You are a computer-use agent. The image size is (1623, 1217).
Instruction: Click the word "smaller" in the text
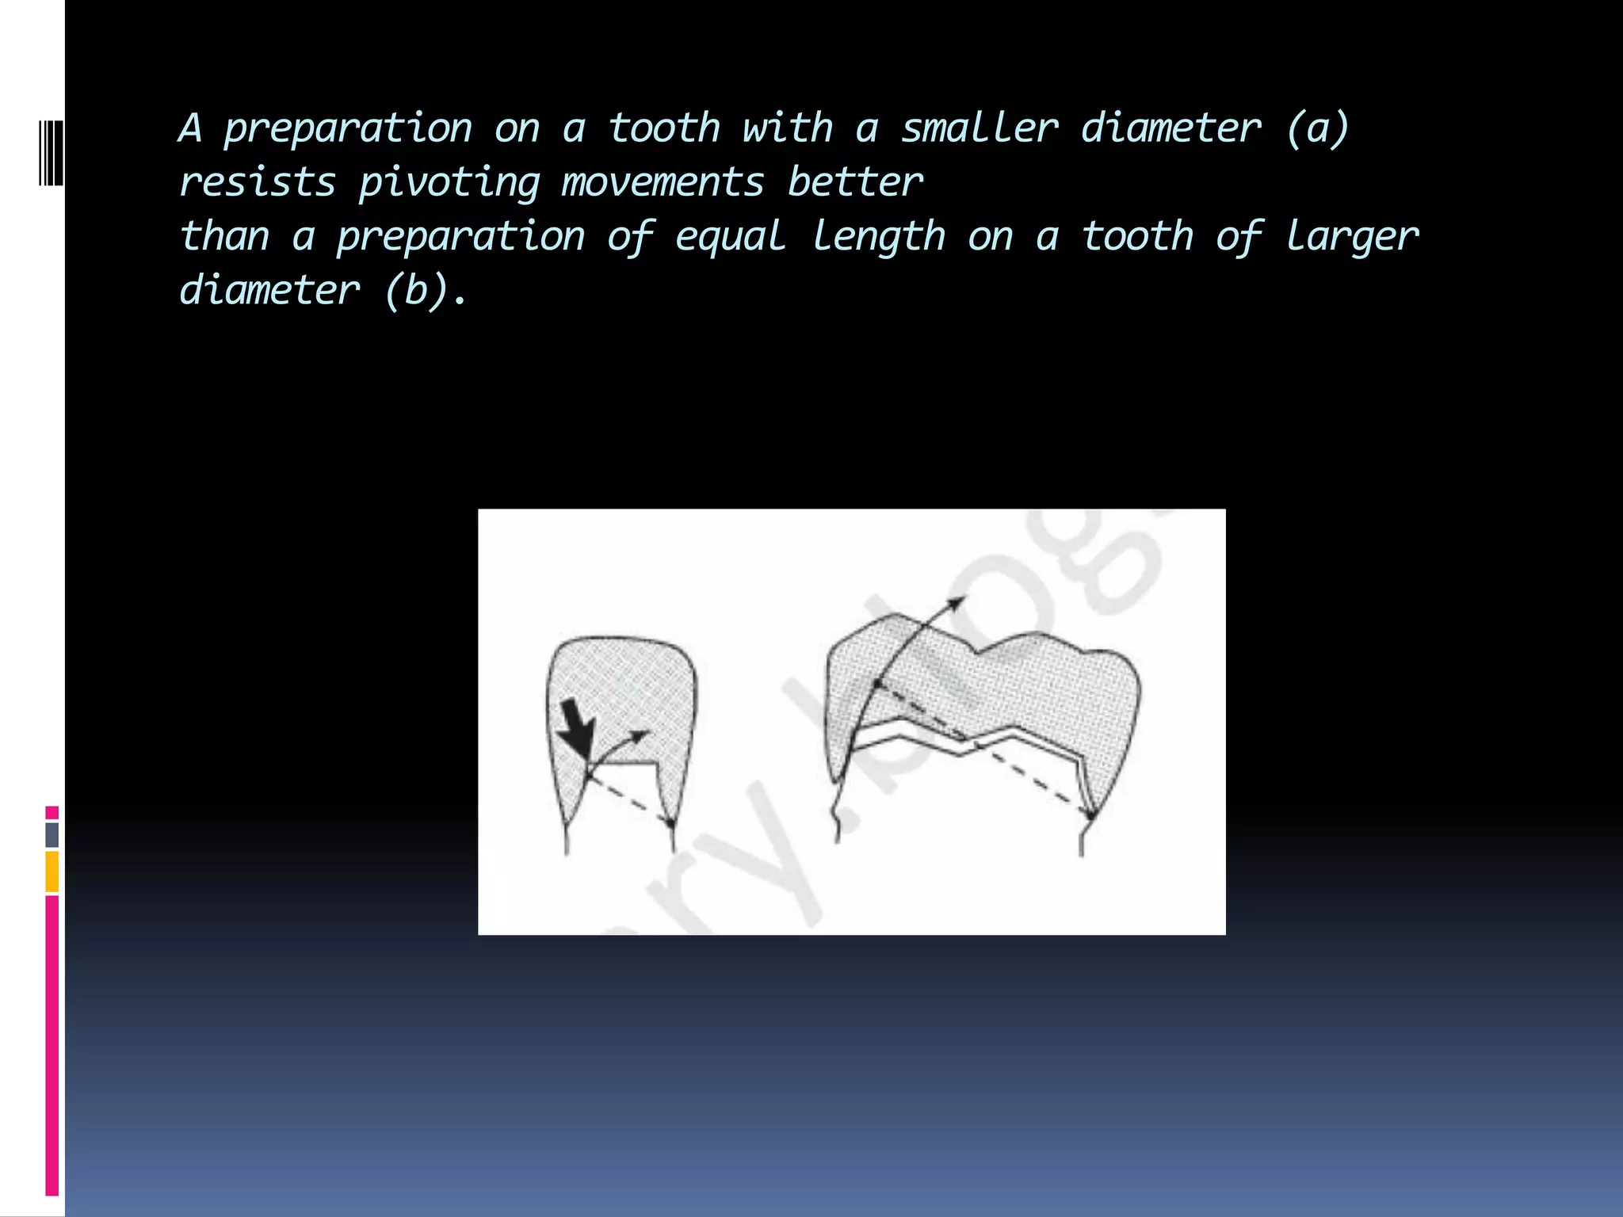click(980, 128)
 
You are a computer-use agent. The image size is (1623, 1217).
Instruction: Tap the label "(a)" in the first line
click(1317, 128)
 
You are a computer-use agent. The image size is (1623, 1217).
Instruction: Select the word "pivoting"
click(449, 183)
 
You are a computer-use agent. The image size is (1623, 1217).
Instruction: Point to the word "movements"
click(663, 182)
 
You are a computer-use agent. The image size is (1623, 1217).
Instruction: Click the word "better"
click(856, 182)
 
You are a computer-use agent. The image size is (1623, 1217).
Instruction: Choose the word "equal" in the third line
click(730, 237)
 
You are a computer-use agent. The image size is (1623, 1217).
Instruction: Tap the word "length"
click(879, 237)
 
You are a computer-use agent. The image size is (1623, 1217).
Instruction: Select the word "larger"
click(1352, 237)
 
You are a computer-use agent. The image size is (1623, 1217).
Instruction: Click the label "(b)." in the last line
click(426, 291)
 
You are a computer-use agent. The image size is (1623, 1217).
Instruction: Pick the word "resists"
click(258, 182)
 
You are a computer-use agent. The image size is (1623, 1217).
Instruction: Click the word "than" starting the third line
click(225, 237)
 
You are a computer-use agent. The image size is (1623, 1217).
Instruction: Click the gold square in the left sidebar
click(52, 872)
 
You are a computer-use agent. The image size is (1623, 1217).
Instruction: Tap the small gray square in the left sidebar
click(52, 835)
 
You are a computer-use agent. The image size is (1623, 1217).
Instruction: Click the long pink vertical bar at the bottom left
click(52, 1046)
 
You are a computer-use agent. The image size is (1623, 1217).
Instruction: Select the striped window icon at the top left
click(51, 153)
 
